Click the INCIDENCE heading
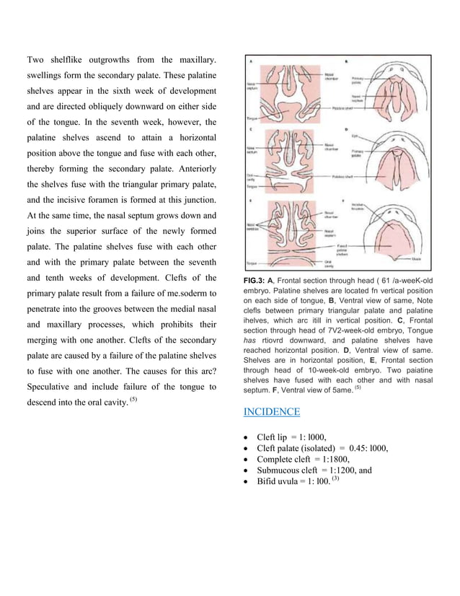pos(271,411)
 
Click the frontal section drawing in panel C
pos(286,163)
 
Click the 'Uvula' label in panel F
pos(417,257)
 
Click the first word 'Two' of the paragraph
pos(37,59)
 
